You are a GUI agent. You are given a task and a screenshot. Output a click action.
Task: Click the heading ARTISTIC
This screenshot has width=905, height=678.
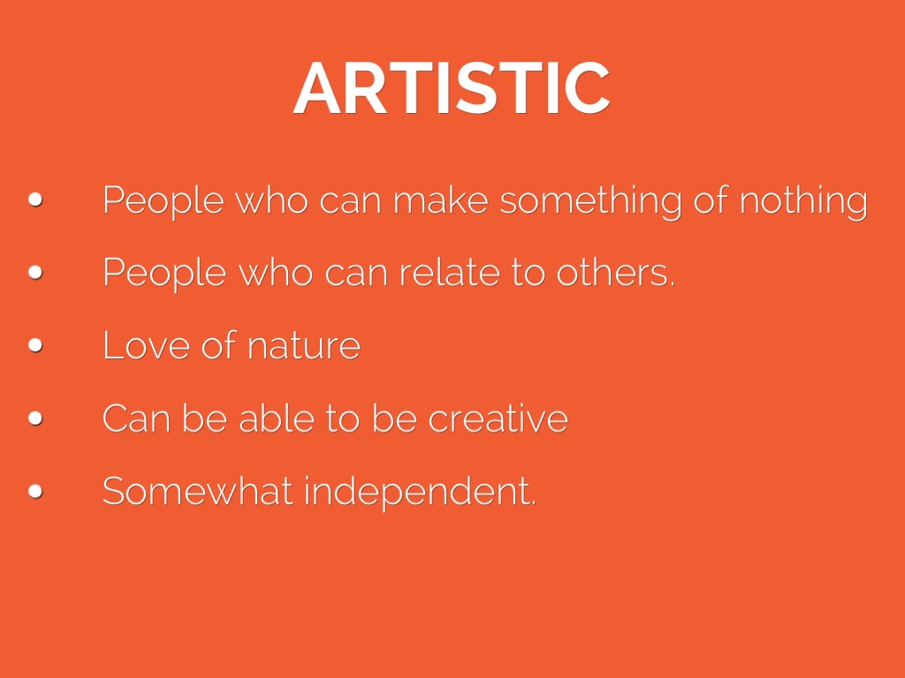pyautogui.click(x=452, y=88)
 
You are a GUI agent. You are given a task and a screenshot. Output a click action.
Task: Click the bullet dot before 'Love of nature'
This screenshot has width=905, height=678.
pyautogui.click(x=35, y=345)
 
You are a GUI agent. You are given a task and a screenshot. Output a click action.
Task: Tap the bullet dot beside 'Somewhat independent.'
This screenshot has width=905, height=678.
pyautogui.click(x=35, y=491)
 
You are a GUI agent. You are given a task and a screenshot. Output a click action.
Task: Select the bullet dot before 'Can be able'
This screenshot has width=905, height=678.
pyautogui.click(x=35, y=418)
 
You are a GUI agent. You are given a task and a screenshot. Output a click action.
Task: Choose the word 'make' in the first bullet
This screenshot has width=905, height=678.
pyautogui.click(x=440, y=200)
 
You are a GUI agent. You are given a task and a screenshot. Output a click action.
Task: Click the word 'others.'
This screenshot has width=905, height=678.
pyautogui.click(x=615, y=272)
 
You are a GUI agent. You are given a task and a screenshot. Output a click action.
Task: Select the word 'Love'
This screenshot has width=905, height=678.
pyautogui.click(x=146, y=345)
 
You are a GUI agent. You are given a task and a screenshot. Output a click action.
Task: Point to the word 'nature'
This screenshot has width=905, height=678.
pyautogui.click(x=304, y=346)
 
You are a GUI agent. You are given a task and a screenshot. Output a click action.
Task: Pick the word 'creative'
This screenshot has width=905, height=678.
pyautogui.click(x=498, y=418)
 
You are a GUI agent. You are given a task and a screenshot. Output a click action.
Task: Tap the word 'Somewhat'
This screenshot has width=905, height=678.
pyautogui.click(x=197, y=491)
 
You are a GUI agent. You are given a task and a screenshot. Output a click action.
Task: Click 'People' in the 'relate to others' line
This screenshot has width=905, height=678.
pyautogui.click(x=164, y=274)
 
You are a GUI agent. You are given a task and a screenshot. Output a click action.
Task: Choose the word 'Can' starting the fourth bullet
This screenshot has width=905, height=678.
pyautogui.click(x=136, y=418)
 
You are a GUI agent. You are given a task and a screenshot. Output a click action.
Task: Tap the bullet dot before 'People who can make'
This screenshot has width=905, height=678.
pyautogui.click(x=35, y=200)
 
